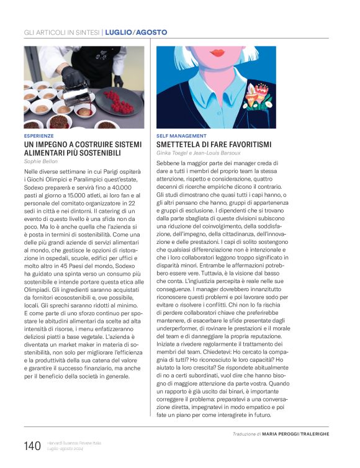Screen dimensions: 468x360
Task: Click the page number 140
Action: coord(32,446)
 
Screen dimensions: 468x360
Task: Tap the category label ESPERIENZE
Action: coord(38,135)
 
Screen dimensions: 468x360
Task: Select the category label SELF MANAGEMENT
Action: coord(181,135)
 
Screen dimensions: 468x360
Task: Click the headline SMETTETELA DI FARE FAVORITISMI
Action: coord(205,144)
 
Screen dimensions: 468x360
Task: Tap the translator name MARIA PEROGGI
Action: coord(283,434)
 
